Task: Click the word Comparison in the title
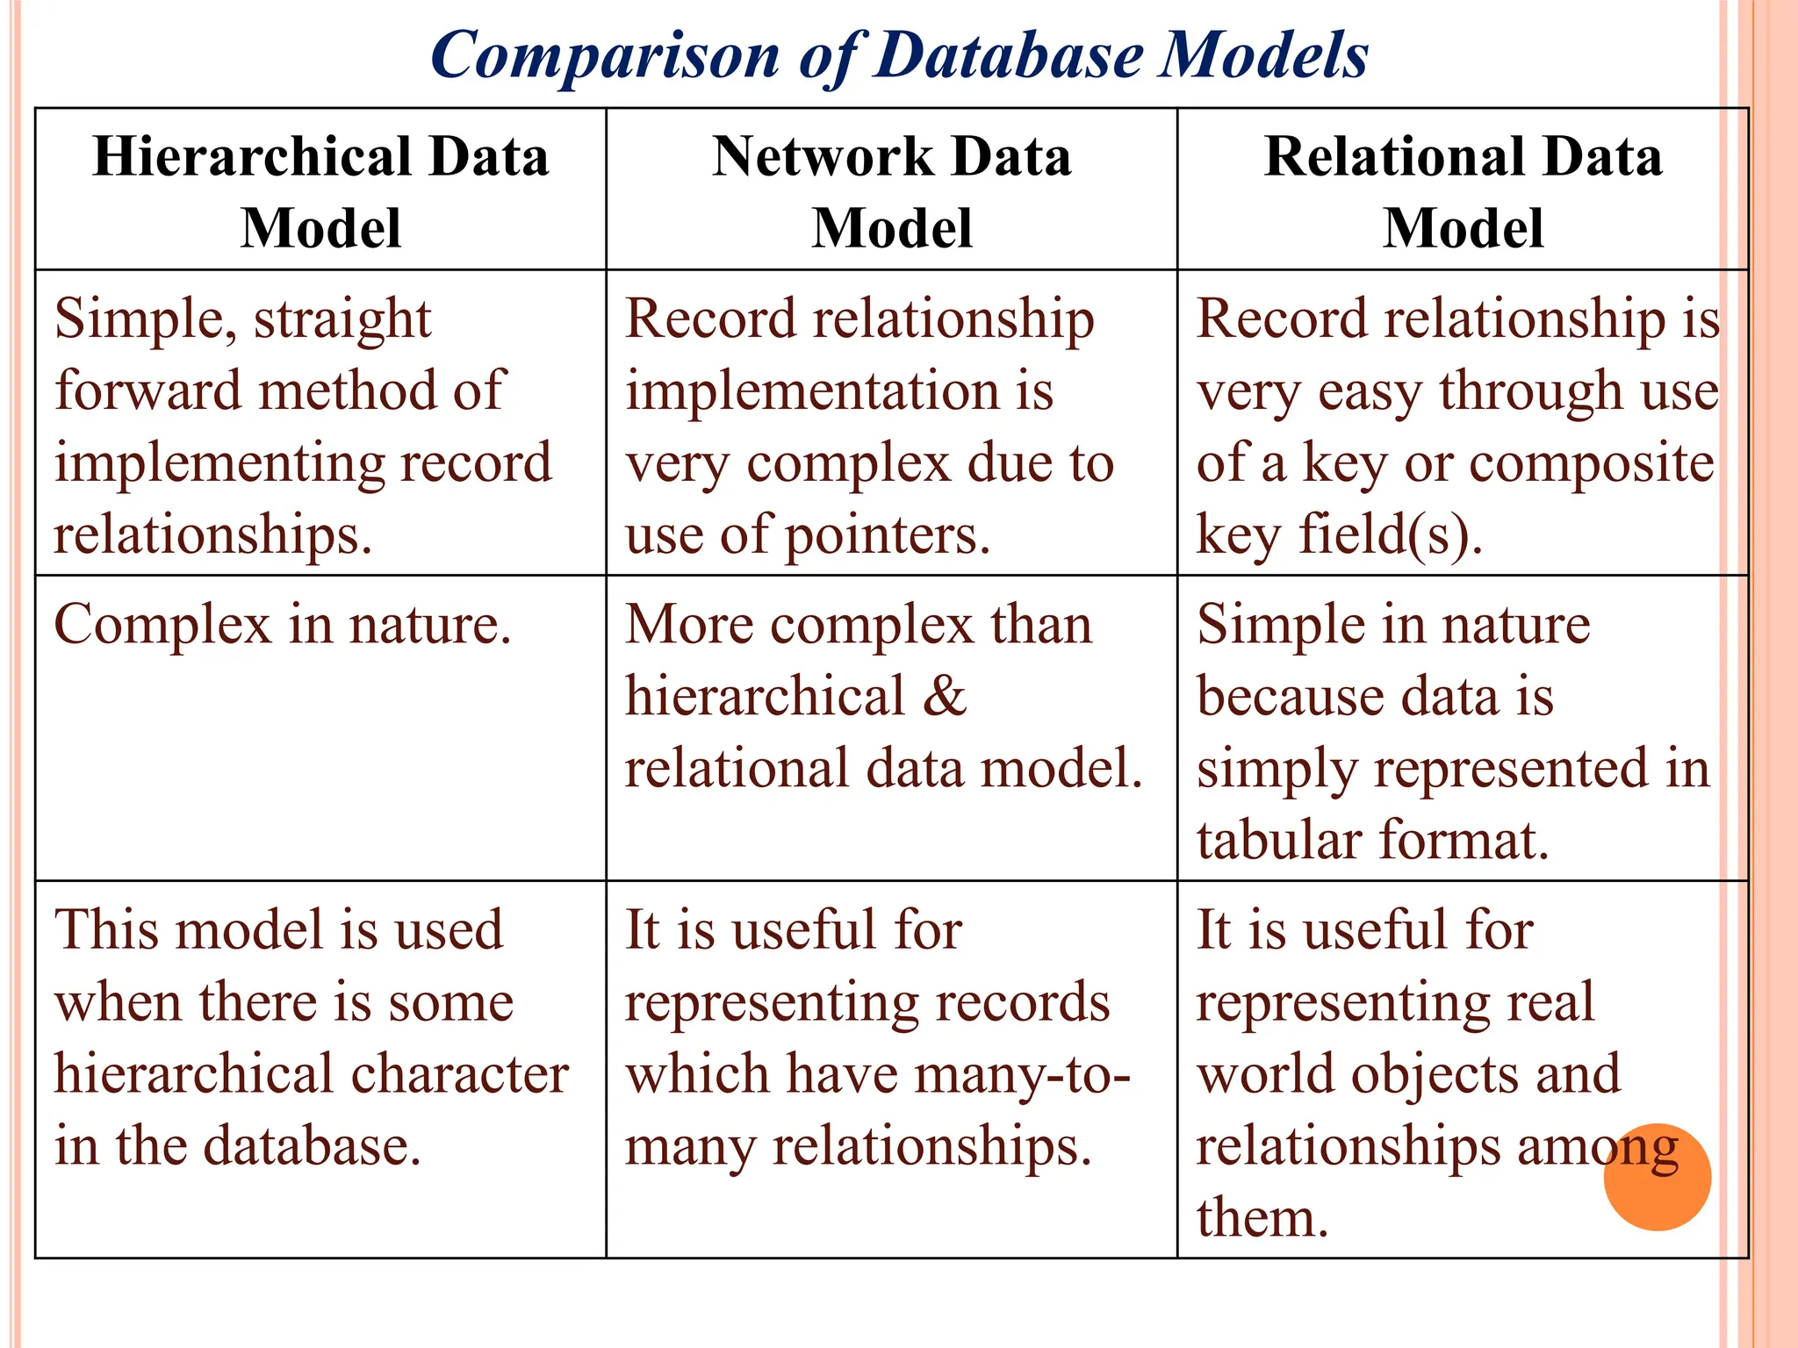point(605,56)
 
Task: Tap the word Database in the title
point(1010,56)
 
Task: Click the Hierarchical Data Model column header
point(320,191)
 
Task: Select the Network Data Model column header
point(891,191)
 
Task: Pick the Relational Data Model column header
point(1463,191)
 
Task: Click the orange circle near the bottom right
point(1657,1177)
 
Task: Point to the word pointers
point(887,535)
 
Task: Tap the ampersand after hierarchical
point(944,697)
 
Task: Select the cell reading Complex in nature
point(282,626)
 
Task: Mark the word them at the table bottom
point(1262,1218)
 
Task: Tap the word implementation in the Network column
point(812,391)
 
